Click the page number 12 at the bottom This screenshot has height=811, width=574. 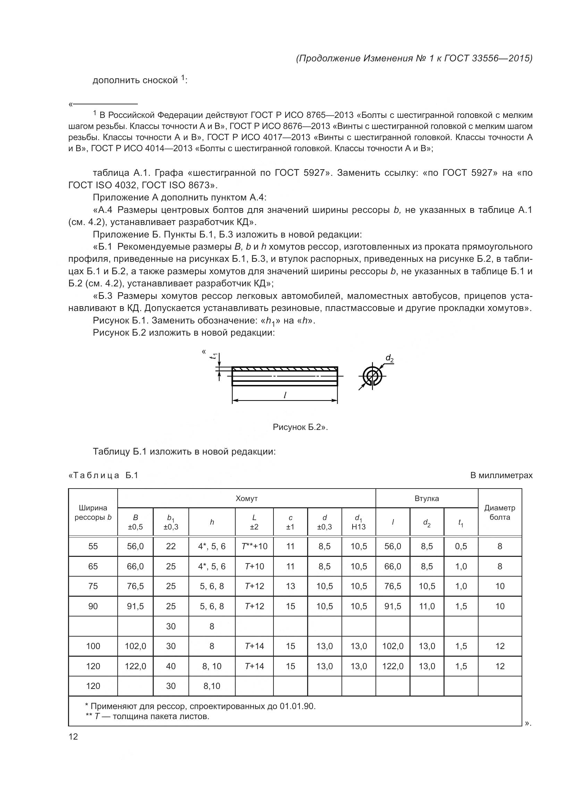tap(73, 736)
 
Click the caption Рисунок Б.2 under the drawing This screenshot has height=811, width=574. tap(300, 427)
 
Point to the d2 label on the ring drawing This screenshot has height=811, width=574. tap(389, 359)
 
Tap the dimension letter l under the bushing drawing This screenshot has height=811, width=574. tap(285, 395)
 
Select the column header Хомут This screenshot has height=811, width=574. tap(246, 498)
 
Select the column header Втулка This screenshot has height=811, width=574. tap(427, 498)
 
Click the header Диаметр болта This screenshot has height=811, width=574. tap(499, 512)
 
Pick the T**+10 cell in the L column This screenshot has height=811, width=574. tap(254, 546)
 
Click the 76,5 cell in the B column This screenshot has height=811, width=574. tap(135, 586)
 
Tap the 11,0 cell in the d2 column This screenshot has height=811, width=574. tap(427, 606)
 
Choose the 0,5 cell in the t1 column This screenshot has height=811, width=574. tap(461, 546)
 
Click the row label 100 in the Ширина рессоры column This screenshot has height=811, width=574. tap(93, 646)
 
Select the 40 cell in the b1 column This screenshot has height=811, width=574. tap(171, 666)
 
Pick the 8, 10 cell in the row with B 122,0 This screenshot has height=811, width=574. tap(212, 666)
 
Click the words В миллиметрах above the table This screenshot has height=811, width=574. tap(501, 475)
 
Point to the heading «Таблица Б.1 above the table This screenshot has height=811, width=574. tap(103, 475)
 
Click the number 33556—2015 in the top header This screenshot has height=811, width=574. tap(502, 58)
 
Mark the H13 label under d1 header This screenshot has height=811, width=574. tap(358, 527)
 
